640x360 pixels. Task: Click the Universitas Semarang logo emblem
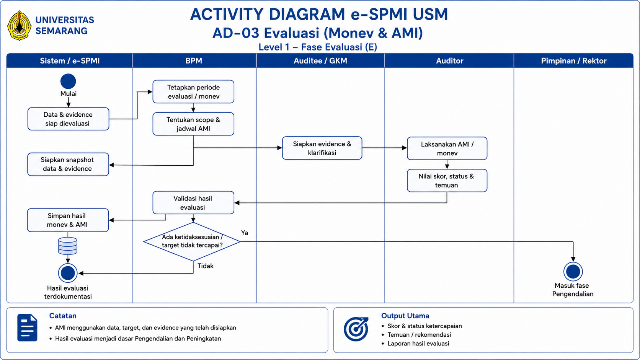coord(19,26)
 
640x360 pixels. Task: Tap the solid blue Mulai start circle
coord(68,81)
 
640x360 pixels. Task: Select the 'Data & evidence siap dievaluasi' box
coord(68,119)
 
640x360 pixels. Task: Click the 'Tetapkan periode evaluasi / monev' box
coord(193,92)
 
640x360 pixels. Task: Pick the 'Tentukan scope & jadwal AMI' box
coord(193,124)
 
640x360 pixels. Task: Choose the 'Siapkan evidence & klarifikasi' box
coord(322,148)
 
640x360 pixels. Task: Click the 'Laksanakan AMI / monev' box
coord(447,148)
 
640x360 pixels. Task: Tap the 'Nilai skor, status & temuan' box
coord(447,181)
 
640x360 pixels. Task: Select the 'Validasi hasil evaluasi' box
coord(193,203)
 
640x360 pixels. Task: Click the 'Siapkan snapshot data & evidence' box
coord(68,164)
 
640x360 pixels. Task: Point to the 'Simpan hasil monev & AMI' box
coord(68,220)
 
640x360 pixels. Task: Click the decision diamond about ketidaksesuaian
coord(192,241)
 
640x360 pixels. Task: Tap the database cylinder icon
coord(68,246)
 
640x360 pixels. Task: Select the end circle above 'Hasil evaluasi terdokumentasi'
coord(68,273)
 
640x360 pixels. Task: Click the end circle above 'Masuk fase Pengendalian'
coord(573,272)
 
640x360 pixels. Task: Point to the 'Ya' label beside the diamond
coord(245,233)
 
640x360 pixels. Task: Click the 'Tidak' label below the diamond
coord(206,266)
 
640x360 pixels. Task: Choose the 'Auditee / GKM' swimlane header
coord(320,61)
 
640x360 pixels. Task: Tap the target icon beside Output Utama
coord(356,329)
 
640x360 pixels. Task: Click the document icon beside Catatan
coord(27,328)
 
